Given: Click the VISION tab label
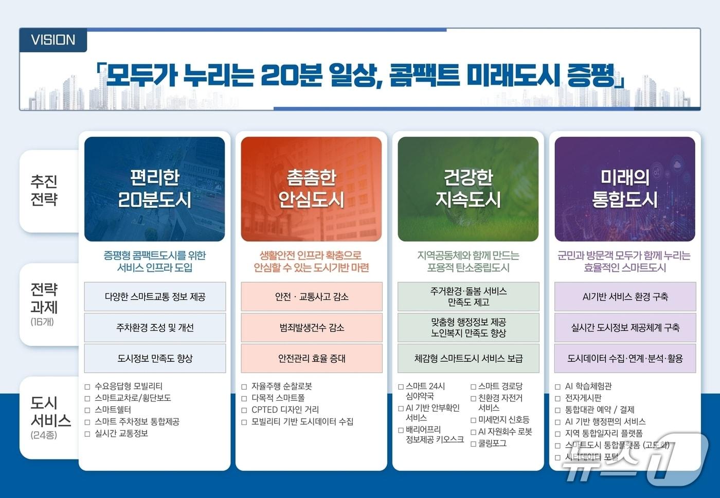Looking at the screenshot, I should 53,40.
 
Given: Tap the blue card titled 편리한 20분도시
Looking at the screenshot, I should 154,189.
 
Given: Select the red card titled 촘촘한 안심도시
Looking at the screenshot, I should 311,189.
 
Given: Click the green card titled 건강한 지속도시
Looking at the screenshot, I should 468,189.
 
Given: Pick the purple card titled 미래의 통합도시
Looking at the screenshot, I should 625,189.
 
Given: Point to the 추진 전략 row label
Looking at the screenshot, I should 44,190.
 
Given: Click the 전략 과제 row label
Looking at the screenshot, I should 44,304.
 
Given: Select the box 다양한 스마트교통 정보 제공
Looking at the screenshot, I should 155,297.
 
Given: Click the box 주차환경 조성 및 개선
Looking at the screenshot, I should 155,327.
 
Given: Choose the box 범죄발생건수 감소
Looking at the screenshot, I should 312,327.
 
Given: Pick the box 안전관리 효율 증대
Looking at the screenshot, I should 312,358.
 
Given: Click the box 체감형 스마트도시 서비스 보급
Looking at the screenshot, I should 469,358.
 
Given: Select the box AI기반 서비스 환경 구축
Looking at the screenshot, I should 625,297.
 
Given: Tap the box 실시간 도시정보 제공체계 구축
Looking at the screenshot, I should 625,327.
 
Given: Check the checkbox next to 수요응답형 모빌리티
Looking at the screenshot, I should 87,386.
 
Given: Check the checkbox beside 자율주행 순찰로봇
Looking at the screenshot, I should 244,386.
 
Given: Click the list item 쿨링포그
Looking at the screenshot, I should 492,443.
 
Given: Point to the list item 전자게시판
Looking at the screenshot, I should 583,398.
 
